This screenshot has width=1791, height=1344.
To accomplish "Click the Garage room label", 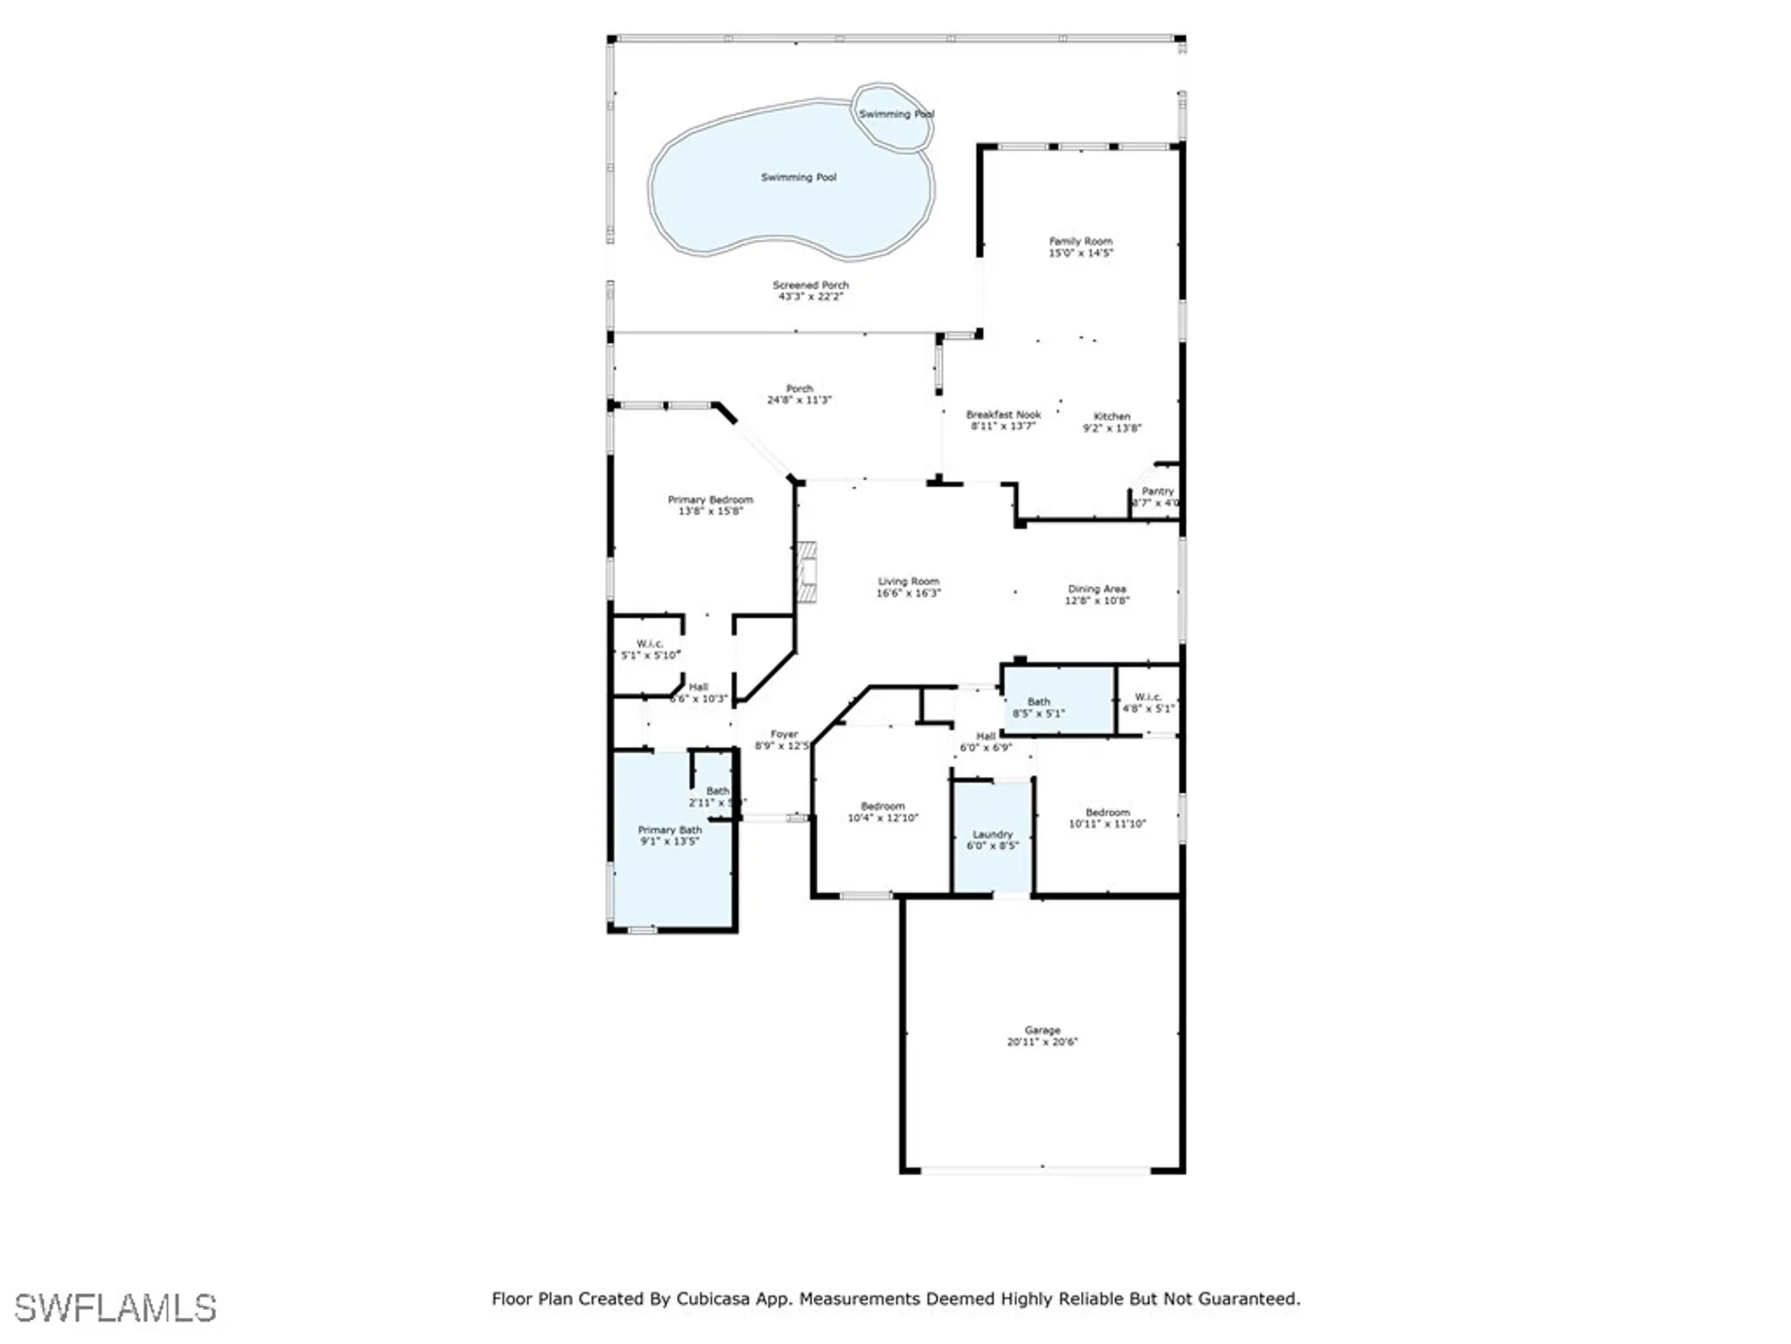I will coord(1041,1030).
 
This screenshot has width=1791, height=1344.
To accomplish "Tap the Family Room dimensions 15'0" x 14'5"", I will coord(1081,254).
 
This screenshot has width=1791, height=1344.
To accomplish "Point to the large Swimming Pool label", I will coord(798,177).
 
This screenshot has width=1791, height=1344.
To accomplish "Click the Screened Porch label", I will coord(810,285).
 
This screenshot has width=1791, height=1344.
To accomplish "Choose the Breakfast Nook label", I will coord(1003,415).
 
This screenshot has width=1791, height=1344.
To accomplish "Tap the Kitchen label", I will coord(1111,417).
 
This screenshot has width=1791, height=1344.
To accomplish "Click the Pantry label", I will coord(1157,491).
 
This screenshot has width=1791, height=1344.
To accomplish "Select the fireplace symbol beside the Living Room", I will coord(807,572).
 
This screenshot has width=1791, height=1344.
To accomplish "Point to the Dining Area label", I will coord(1096,589).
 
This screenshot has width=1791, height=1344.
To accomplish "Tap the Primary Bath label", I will coord(669,830).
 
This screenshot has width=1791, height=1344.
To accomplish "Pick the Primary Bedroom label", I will coord(710,500).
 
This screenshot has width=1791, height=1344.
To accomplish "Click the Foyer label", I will coord(784,734).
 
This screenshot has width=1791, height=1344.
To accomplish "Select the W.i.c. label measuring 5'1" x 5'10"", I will coord(650,644).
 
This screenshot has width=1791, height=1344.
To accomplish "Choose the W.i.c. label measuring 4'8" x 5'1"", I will coord(1148,697).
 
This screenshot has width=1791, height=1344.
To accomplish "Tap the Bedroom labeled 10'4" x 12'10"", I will coord(882,806).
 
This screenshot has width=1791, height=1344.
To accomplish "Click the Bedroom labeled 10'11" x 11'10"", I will coord(1107,813).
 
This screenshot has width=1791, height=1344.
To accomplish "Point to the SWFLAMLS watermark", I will coord(116,1308).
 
